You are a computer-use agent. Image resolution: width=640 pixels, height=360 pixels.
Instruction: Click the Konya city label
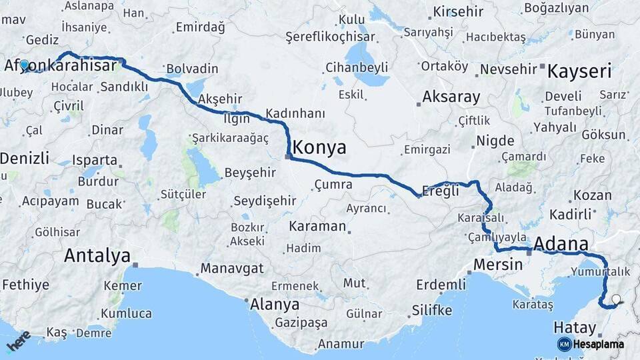coord(319,147)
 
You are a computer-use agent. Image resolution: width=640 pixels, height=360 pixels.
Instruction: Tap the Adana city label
coord(561,243)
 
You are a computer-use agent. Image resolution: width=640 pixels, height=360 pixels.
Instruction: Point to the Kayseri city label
coord(579,71)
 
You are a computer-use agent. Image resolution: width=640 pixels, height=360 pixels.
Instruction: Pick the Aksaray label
coord(451,97)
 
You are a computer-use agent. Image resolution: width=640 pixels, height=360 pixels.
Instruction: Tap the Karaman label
coord(317,227)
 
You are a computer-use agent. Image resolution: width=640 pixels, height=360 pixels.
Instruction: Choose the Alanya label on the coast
coord(275,305)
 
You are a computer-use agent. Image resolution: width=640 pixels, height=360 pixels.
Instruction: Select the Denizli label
coord(25,158)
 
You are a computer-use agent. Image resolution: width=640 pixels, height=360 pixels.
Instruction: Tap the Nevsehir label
coord(508,69)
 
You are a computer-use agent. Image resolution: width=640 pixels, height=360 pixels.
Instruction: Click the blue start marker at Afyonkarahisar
coord(25,65)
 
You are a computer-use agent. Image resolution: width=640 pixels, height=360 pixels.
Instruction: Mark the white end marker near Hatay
coord(616,301)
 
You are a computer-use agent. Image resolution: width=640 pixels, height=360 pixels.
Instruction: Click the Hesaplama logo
coord(590,344)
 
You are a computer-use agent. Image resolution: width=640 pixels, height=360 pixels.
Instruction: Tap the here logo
coord(18,341)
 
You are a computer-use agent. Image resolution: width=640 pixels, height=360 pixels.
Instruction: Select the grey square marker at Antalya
coord(135,265)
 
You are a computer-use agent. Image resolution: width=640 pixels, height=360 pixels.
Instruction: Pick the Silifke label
coord(431,311)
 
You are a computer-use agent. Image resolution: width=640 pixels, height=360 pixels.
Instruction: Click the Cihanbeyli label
coord(357,67)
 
